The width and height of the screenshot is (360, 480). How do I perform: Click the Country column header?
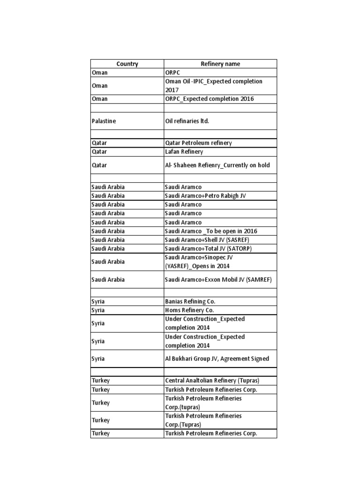coord(127,64)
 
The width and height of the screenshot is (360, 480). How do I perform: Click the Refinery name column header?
coord(220,64)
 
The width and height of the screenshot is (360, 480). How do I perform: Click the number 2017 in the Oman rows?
coord(172,90)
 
